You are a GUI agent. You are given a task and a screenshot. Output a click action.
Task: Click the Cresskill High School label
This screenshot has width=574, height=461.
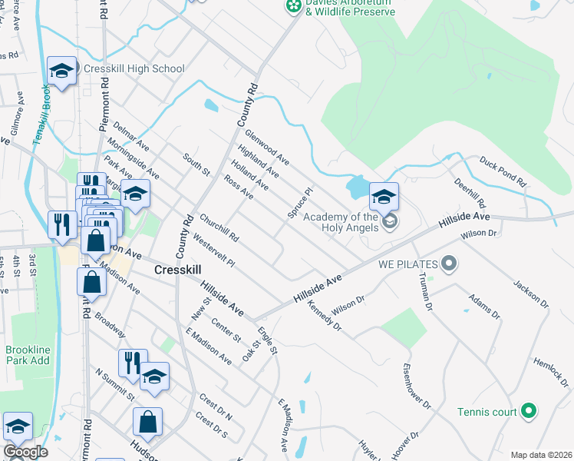(x=134, y=68)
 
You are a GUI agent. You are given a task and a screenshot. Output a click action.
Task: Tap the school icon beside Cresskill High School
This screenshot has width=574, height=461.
(x=61, y=71)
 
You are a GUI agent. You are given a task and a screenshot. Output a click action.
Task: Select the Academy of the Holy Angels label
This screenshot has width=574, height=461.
(x=341, y=222)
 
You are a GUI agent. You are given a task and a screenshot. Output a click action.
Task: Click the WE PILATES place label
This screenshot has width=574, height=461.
(x=407, y=264)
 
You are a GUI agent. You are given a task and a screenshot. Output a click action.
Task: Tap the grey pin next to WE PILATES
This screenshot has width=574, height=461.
(x=450, y=264)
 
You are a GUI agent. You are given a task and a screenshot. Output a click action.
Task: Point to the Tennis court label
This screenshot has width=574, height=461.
(x=487, y=412)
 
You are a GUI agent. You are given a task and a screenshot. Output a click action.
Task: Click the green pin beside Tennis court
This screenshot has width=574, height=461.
(x=528, y=412)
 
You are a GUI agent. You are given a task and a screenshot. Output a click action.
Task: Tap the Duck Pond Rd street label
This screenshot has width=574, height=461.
(x=502, y=173)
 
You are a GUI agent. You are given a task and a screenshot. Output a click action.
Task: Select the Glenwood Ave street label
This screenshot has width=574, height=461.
(x=267, y=147)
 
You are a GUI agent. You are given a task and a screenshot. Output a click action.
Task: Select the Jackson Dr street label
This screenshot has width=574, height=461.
(x=531, y=292)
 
